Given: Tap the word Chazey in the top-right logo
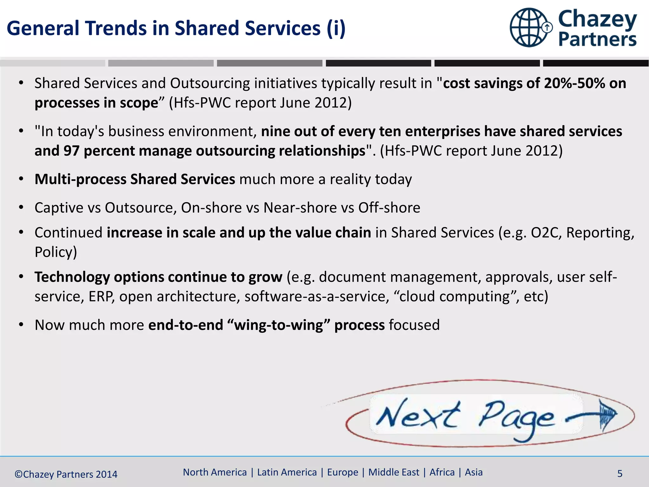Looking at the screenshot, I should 597,19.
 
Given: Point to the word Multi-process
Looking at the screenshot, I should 80,179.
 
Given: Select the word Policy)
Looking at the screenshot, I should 56,252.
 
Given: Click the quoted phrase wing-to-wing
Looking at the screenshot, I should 279,325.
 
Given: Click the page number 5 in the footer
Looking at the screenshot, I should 620,474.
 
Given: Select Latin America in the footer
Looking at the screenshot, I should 287,472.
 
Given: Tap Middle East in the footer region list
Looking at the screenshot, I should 394,472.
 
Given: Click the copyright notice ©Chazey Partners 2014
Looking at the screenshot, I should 66,474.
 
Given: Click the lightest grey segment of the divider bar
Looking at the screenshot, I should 53,63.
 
